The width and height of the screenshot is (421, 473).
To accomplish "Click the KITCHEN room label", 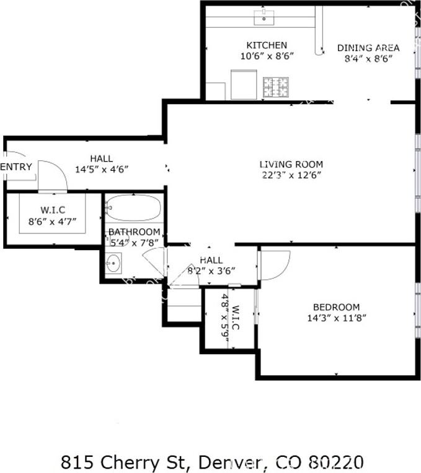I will click(x=267, y=45).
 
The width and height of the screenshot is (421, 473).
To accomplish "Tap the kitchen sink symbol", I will click(x=265, y=17).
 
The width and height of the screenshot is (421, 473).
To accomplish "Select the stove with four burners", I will click(x=275, y=87).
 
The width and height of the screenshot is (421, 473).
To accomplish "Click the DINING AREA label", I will click(x=368, y=48).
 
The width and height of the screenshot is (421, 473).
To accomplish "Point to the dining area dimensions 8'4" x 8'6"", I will click(x=368, y=58).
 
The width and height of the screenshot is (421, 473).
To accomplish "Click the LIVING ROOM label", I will click(x=291, y=164).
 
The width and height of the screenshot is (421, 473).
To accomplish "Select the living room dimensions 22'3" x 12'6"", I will click(x=291, y=175).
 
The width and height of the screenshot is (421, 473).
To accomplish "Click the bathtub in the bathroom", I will click(x=133, y=208).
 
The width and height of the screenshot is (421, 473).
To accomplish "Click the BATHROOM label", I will click(x=134, y=232).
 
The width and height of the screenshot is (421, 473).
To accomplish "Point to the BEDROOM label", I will click(x=336, y=307).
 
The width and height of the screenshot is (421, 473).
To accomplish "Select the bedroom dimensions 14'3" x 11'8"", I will click(x=336, y=318).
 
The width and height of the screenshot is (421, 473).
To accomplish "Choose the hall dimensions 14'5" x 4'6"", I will click(x=101, y=169).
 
